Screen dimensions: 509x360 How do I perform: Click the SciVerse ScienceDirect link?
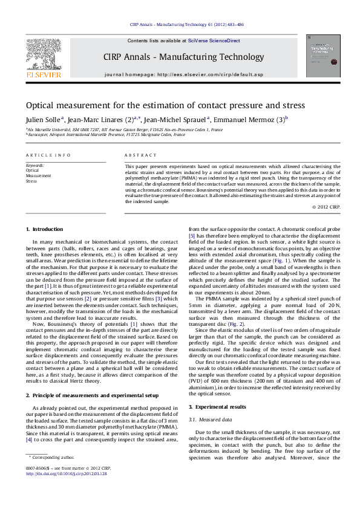(x=214, y=41)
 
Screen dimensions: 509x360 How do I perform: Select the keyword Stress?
(x=31, y=181)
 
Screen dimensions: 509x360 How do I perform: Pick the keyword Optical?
(x=32, y=170)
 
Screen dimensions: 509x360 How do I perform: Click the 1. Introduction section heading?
(x=47, y=229)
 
